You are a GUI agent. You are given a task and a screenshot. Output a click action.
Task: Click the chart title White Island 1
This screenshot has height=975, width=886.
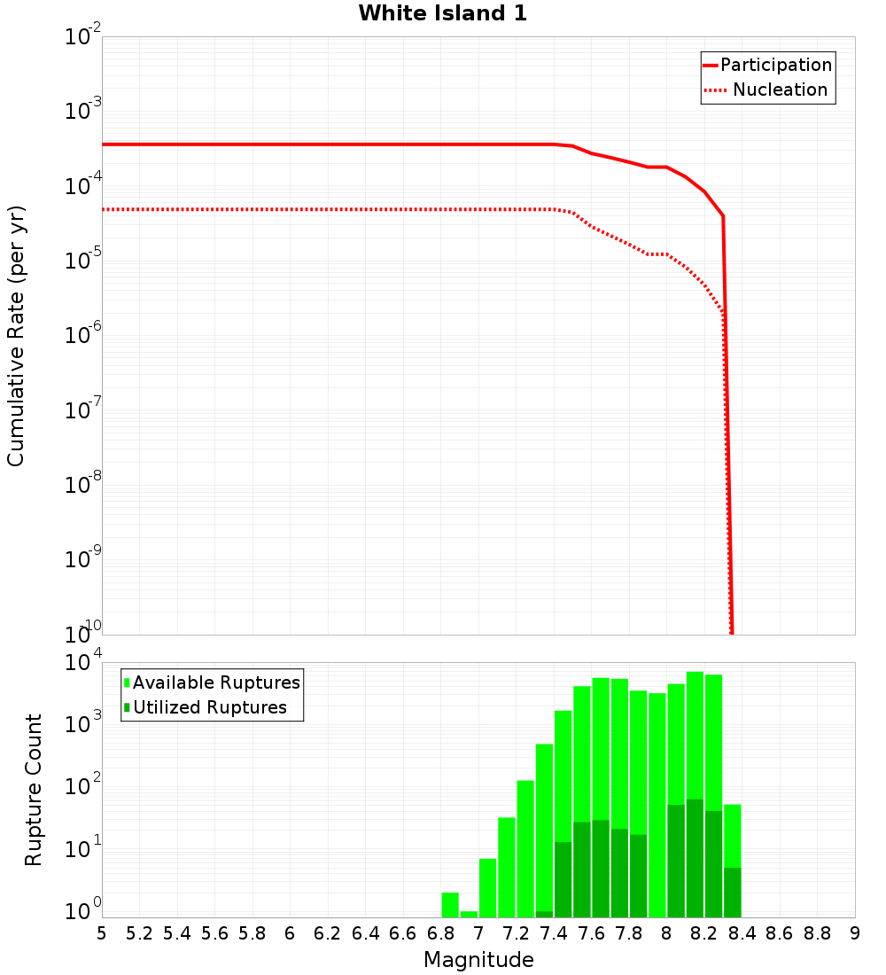tap(442, 14)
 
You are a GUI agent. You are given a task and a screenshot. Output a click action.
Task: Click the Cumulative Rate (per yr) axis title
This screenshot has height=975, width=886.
tap(16, 336)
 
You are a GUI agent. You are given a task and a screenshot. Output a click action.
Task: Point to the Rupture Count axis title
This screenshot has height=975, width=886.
tap(34, 790)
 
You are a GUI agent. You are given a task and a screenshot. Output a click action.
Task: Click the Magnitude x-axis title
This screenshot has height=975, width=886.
tap(478, 960)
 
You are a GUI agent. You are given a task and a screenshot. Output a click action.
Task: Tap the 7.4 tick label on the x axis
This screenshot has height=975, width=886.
tap(554, 933)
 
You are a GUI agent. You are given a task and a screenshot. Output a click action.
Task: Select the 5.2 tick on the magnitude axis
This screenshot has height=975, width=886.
tap(140, 933)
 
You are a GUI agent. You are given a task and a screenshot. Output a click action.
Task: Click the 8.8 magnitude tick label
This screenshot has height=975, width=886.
tap(817, 933)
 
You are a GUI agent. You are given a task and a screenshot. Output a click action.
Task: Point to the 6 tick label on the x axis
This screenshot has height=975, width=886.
tap(290, 933)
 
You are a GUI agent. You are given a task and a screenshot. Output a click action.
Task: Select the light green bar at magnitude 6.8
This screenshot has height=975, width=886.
tap(450, 905)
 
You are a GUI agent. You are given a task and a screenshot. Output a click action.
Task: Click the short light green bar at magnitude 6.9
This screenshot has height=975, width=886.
tap(469, 914)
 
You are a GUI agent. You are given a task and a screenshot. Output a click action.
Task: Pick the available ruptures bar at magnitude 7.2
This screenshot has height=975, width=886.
tap(507, 867)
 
